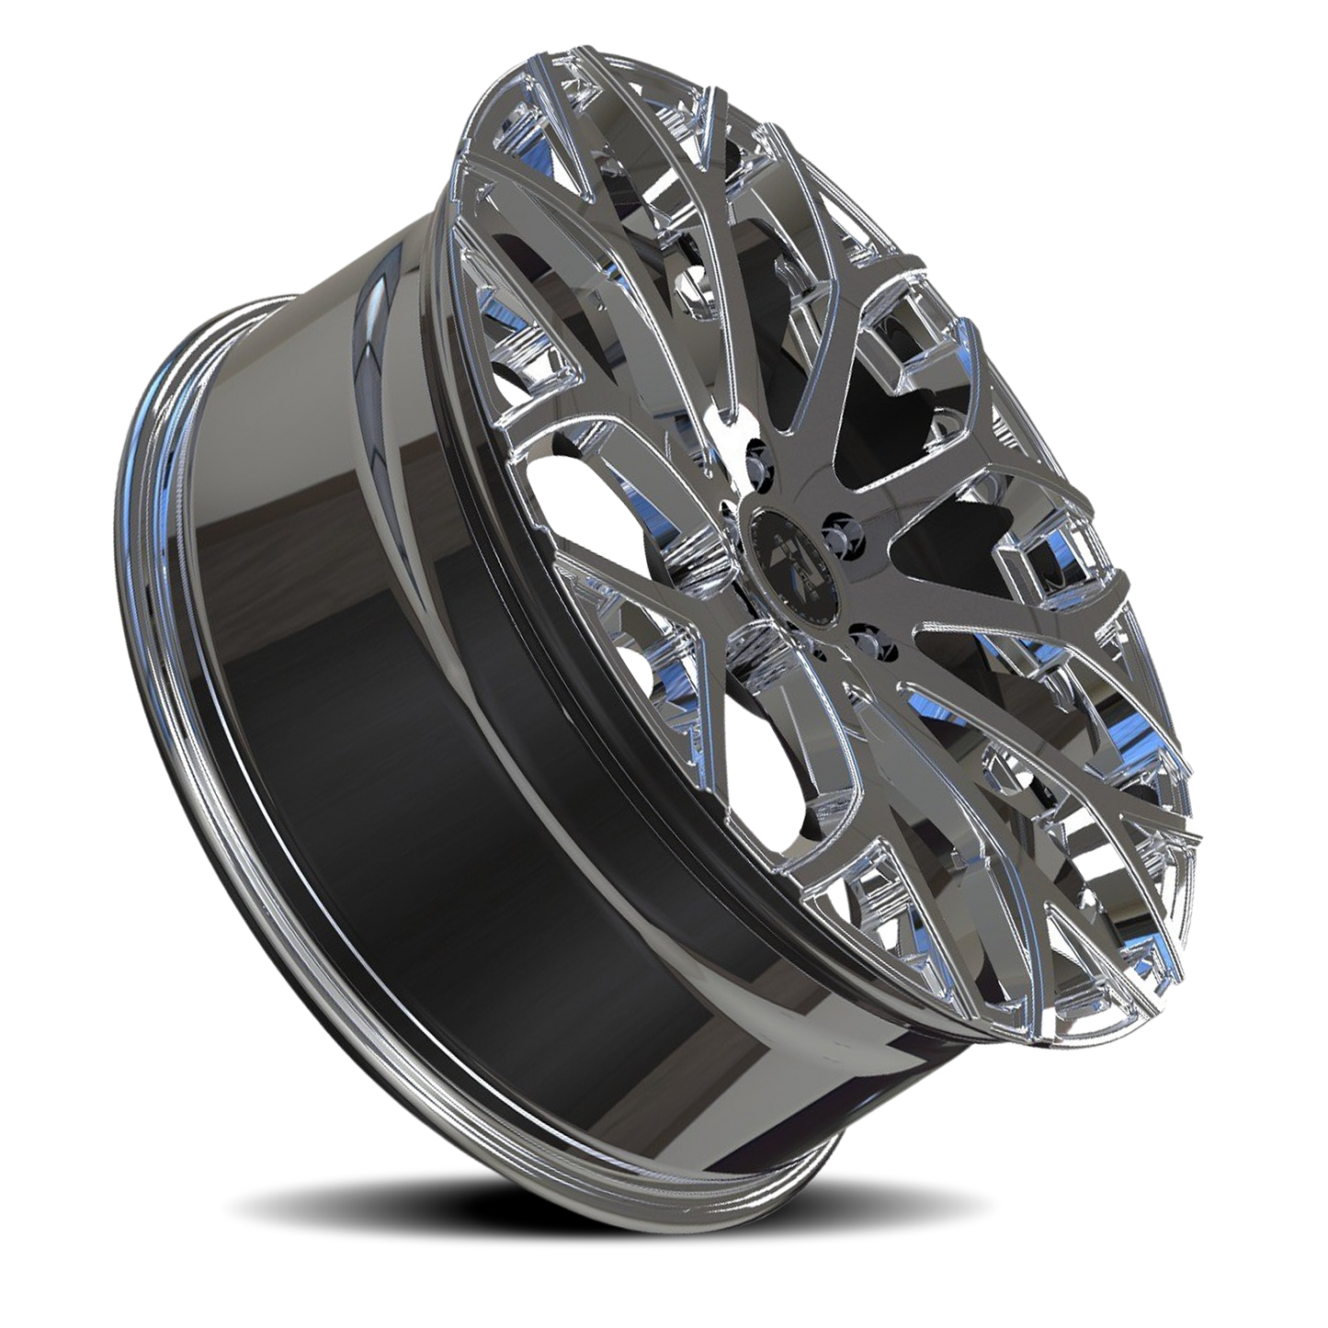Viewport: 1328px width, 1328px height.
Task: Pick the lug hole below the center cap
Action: coord(864,637)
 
